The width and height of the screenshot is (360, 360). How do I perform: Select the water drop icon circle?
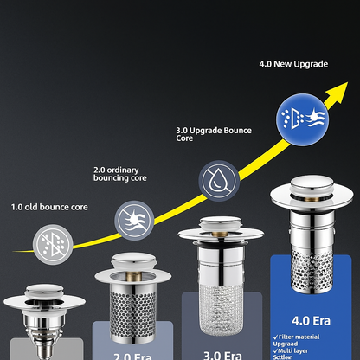[217, 180]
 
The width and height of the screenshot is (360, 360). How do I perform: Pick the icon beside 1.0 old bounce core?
[52, 241]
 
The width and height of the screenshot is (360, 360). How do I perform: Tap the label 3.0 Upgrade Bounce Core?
[215, 133]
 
